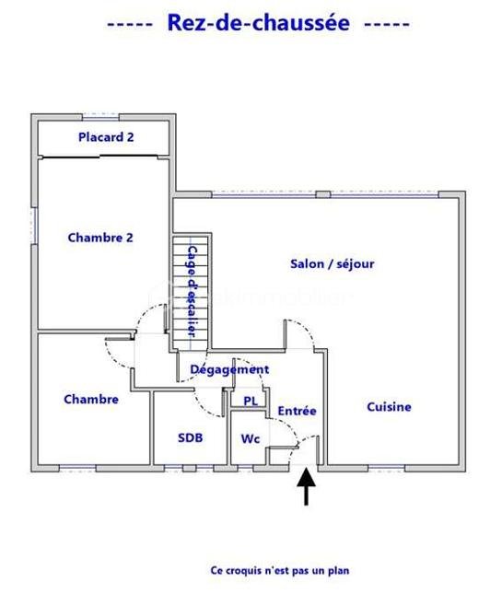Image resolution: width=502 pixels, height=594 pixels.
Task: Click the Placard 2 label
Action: coord(106,137)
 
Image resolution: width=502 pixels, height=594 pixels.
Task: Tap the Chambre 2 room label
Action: coord(100,238)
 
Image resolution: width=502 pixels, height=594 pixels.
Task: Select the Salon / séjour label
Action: coord(333,263)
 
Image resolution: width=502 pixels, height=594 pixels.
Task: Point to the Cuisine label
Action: coord(389,407)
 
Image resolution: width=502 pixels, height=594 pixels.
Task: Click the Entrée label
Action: coord(297,411)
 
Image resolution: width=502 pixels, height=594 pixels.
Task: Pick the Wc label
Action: coord(251,438)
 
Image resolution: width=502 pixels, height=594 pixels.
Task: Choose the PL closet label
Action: coord(251,401)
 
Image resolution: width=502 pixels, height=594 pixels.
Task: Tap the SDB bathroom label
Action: coord(190,438)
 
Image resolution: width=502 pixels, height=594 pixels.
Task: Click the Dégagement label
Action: coord(229,369)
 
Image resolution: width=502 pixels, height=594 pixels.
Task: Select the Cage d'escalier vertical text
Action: coord(193,292)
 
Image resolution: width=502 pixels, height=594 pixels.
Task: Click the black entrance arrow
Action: coord(306,487)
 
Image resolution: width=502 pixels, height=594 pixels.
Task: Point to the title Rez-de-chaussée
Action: coord(259,23)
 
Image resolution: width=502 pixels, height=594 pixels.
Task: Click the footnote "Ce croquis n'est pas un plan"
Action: coord(280,570)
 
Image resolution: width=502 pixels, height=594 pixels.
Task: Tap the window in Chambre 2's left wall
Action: coord(34,226)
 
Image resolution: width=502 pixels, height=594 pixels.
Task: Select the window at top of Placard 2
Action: coord(100,117)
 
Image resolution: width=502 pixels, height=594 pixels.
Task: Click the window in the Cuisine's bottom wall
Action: coord(387,469)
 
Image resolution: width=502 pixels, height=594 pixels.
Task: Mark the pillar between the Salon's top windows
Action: coord(323,194)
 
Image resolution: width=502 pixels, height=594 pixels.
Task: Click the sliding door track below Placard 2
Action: coord(100,157)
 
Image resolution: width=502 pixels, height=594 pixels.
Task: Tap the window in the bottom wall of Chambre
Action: coord(77,469)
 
